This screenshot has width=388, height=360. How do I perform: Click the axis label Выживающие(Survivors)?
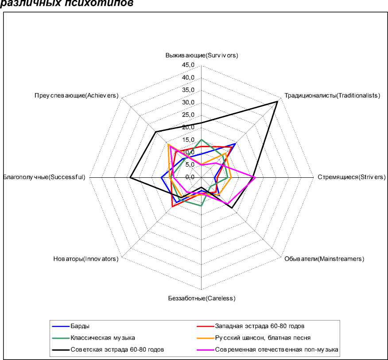pos(202,55)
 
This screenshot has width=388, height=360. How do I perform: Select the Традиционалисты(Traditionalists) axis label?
pos(332,95)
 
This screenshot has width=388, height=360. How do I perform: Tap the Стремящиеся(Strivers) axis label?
pos(352,177)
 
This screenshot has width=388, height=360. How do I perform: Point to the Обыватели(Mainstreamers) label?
pos(324,259)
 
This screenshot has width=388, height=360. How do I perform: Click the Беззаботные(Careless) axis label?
pos(202,298)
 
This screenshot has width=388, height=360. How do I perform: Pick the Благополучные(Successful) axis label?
pos(44,177)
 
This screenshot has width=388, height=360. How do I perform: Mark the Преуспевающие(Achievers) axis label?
pos(76,95)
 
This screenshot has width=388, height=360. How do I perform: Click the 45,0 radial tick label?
pos(188,65)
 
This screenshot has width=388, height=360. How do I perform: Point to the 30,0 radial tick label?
pos(188,102)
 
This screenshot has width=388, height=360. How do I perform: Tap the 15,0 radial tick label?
pos(188,140)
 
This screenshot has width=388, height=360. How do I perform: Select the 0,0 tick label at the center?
pos(190,177)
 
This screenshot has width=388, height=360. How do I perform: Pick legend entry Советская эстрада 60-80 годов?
pos(117,349)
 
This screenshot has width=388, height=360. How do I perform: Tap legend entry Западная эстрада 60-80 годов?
pos(260,326)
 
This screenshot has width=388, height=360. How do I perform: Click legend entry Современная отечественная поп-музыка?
pos(276,349)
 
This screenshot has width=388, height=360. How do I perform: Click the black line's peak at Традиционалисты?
pos(277,102)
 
